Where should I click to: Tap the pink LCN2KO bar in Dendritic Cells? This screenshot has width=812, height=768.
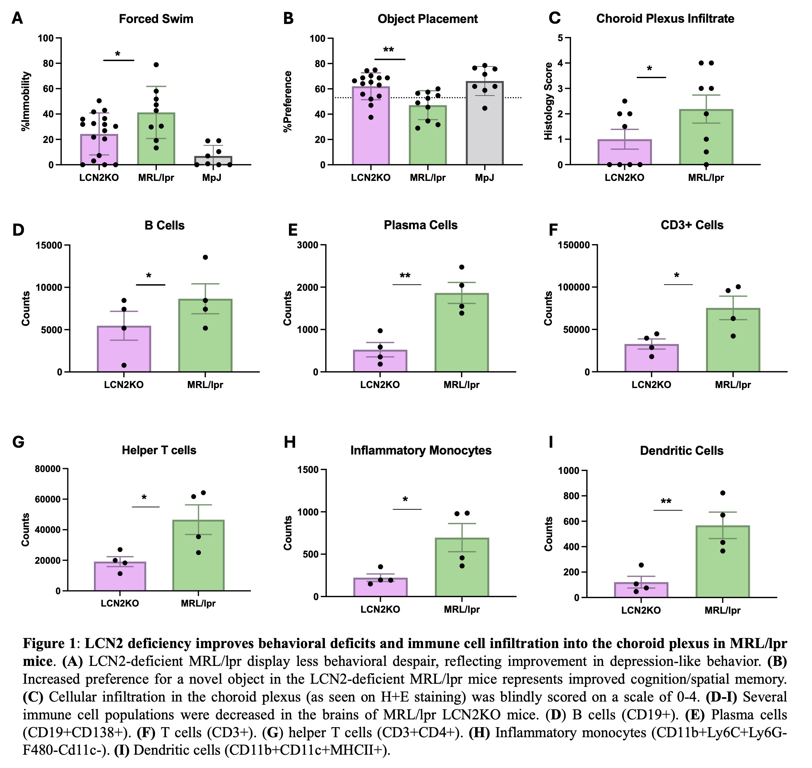pos(641,590)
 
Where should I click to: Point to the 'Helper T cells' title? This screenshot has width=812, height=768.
pos(159,450)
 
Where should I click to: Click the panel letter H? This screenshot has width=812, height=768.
pos(290,443)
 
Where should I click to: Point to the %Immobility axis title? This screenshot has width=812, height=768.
pos(26,101)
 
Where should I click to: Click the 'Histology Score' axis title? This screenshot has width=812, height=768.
pos(548,101)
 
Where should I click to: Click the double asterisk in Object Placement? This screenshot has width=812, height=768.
pos(388,50)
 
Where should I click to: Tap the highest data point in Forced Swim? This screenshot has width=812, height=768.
pos(156,65)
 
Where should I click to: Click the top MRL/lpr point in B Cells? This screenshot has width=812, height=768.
pos(205,257)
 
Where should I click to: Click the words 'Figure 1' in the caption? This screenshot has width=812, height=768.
pos(49,644)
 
